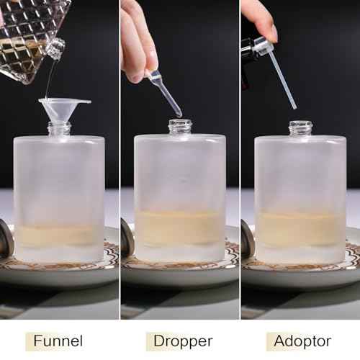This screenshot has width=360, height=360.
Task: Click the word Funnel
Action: point(57,341)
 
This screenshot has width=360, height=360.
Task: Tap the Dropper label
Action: point(184,341)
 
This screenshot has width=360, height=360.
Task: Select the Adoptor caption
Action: point(302,341)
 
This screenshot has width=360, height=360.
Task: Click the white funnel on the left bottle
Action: point(63,108)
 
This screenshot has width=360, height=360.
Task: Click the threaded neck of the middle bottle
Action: point(180,127)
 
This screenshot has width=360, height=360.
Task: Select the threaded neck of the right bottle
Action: point(301,128)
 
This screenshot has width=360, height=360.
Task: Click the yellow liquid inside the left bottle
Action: point(59,235)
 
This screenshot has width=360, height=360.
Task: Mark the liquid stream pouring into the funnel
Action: point(49,79)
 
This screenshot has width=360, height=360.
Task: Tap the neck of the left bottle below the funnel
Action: point(60,129)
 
